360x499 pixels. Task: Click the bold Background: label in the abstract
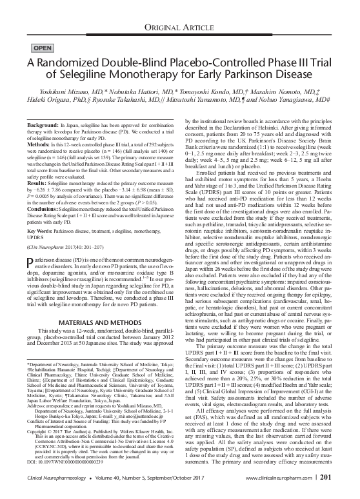45,122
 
